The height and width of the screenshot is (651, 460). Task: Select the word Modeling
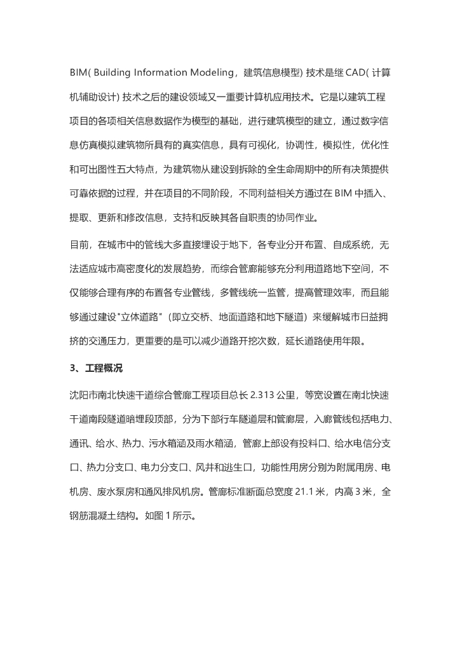pyautogui.click(x=208, y=72)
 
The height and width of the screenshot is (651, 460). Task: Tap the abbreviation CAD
pyautogui.click(x=344, y=72)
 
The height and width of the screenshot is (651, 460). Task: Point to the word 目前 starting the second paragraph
pyautogui.click(x=79, y=244)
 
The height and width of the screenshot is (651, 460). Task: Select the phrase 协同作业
pyautogui.click(x=298, y=220)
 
